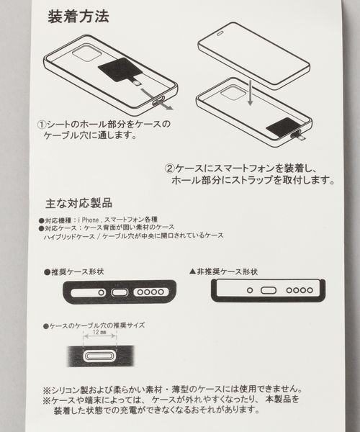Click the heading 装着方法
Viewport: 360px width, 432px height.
pos(78,17)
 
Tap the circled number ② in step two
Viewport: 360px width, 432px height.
pos(169,168)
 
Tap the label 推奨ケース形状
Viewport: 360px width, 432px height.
pos(82,272)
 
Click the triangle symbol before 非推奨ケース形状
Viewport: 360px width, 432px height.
pos(192,272)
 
